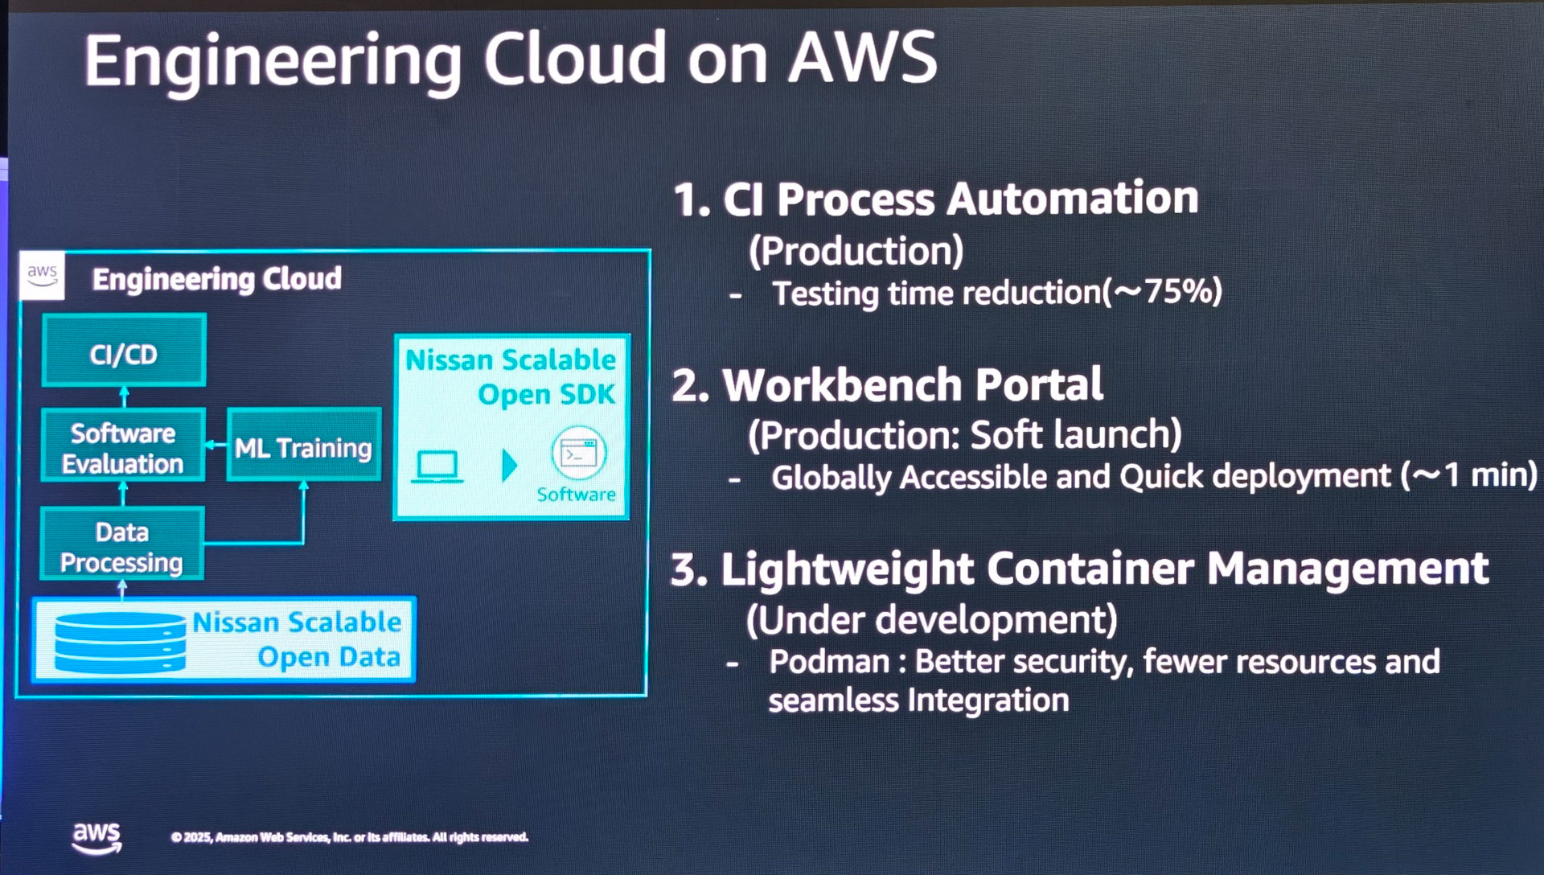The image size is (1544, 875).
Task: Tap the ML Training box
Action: point(303,446)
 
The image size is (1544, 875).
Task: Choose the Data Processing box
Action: point(121,546)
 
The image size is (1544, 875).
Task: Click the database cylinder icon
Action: point(120,642)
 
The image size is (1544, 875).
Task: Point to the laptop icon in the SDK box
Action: point(437,466)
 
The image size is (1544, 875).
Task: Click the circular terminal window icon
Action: point(578,454)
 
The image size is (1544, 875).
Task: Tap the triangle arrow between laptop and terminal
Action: point(509,465)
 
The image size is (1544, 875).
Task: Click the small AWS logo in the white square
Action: point(42,275)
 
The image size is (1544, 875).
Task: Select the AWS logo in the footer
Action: point(96,837)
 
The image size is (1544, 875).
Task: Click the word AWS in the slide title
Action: point(862,58)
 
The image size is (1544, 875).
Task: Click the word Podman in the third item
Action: point(828,661)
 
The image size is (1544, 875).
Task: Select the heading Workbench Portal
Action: point(912,384)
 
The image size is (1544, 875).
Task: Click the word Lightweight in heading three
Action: point(847,569)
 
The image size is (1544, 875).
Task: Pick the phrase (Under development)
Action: point(931,619)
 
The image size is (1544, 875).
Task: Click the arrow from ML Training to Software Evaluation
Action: point(216,445)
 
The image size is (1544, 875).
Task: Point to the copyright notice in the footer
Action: point(349,837)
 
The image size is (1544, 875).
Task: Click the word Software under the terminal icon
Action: point(576,495)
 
